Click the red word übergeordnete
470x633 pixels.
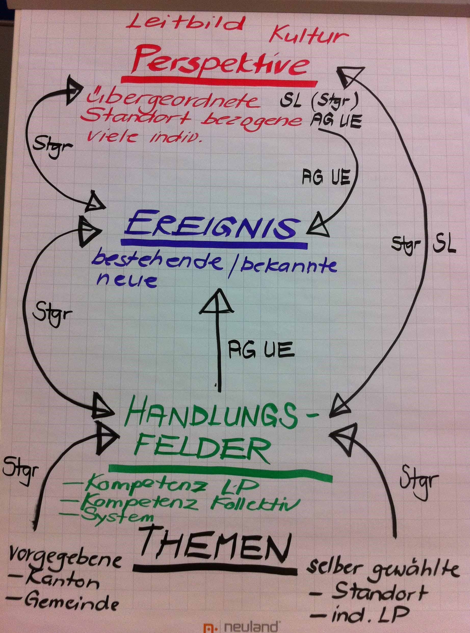click(174, 101)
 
